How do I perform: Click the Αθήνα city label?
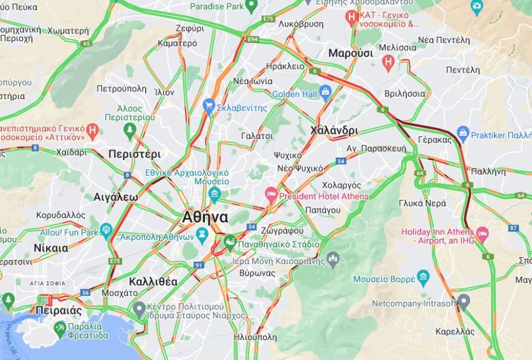pyautogui.click(x=206, y=217)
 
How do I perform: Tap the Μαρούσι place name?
pyautogui.click(x=351, y=53)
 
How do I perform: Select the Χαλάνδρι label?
pyautogui.click(x=334, y=130)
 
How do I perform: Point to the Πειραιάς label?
pyautogui.click(x=59, y=310)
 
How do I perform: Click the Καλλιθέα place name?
pyautogui.click(x=153, y=281)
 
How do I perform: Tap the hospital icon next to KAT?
pyautogui.click(x=351, y=18)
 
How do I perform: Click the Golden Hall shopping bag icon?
pyautogui.click(x=326, y=93)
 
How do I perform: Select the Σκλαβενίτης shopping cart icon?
pyautogui.click(x=209, y=107)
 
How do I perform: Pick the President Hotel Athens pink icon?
pyautogui.click(x=271, y=194)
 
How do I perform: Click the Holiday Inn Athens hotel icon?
pyautogui.click(x=482, y=233)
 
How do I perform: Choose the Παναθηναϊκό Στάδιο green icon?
pyautogui.click(x=230, y=243)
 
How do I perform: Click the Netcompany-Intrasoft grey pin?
pyautogui.click(x=464, y=301)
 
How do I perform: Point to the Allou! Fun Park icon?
pyautogui.click(x=106, y=230)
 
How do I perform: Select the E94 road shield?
pyautogui.click(x=252, y=39)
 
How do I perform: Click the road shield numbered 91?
pyautogui.click(x=198, y=265)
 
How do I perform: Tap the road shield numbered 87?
pyautogui.click(x=513, y=228)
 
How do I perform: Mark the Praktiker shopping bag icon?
pyautogui.click(x=463, y=133)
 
